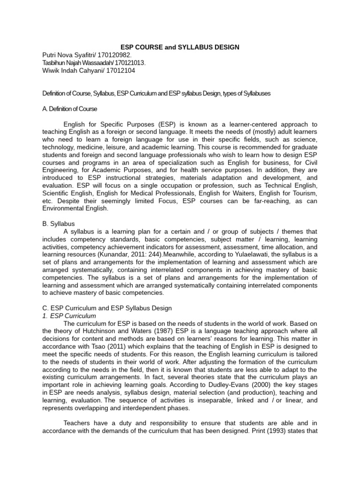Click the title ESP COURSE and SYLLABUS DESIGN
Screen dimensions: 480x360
pos(180,47)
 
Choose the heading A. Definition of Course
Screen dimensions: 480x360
pos(70,109)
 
